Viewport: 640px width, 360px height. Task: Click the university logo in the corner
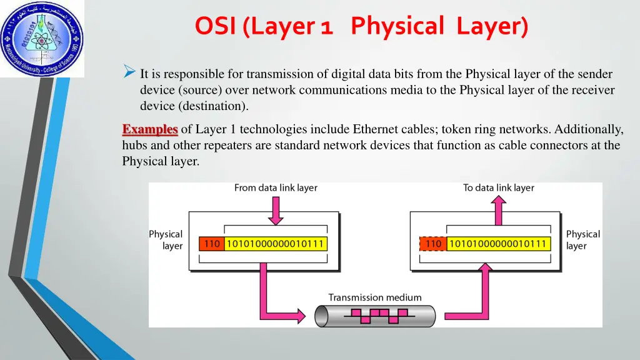coord(41,39)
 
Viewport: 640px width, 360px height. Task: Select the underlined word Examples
coord(150,129)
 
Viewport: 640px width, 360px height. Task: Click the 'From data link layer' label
coord(276,187)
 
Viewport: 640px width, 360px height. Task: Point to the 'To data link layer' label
coord(499,187)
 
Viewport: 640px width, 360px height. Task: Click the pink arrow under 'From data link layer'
coord(275,210)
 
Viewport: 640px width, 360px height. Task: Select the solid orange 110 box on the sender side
coord(212,244)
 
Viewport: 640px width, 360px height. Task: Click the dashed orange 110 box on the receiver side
coord(432,244)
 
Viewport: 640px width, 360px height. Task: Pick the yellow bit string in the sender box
coord(275,244)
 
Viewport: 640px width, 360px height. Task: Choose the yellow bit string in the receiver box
coord(498,244)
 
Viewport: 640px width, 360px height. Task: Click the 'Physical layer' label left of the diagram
coord(166,240)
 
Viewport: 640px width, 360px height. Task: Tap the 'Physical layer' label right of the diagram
coord(582,240)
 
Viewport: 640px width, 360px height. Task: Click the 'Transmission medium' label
coord(375,297)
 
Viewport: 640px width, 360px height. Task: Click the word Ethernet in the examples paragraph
coord(376,129)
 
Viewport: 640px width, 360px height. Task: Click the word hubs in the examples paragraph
coord(134,146)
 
